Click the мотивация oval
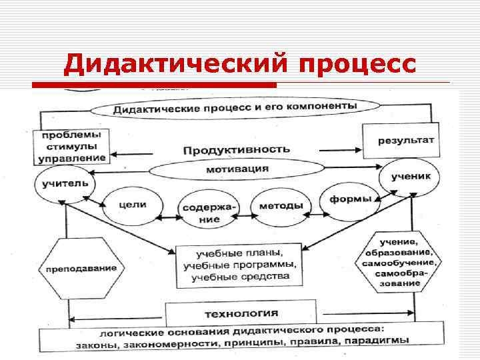pos(233,169)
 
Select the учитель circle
pos(65,182)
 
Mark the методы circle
pos(275,205)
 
